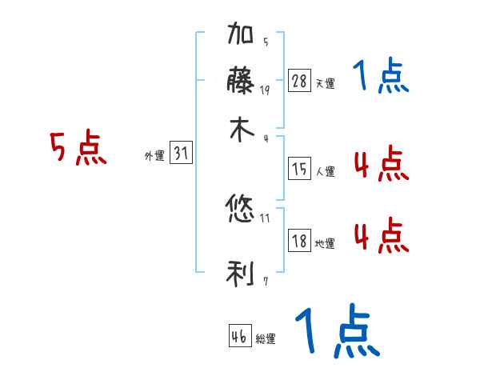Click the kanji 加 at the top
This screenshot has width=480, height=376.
[242, 35]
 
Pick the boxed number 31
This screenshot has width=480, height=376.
[181, 154]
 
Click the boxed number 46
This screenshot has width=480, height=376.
[239, 337]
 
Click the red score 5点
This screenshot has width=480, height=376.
[78, 150]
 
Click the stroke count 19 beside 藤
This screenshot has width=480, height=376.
[265, 90]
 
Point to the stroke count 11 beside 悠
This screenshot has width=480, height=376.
[265, 217]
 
